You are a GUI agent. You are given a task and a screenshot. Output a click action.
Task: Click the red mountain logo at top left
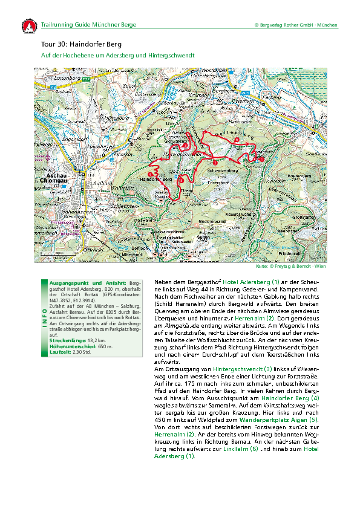tap(28, 27)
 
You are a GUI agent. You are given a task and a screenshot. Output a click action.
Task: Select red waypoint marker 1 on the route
tap(262, 158)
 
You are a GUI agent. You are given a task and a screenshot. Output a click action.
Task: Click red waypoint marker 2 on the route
tap(214, 162)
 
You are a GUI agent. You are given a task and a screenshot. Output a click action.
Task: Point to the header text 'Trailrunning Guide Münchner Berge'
tap(88, 25)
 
